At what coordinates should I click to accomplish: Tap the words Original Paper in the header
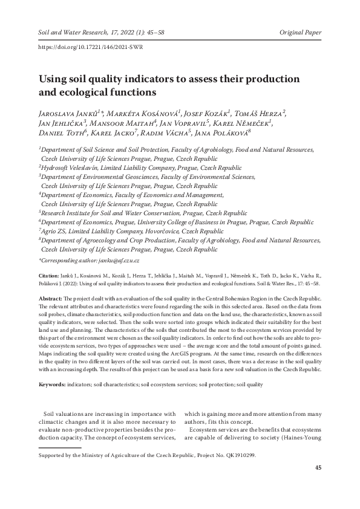click(x=301, y=32)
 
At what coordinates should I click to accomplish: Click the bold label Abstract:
click(x=51, y=299)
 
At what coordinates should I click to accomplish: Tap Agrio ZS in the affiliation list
click(x=54, y=231)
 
